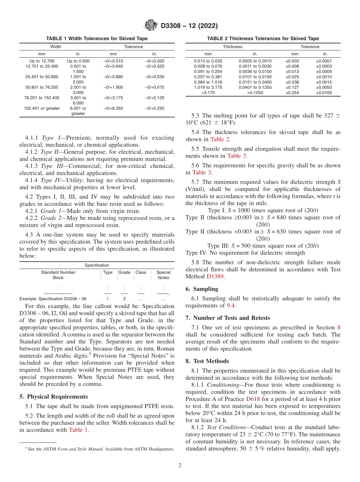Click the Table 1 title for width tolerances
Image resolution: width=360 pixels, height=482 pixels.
coord(97,39)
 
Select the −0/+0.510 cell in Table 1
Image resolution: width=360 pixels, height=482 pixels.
coord(113,61)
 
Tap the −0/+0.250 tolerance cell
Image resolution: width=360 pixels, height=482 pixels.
coord(155,108)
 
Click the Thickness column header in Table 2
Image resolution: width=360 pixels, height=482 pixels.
coord(232,47)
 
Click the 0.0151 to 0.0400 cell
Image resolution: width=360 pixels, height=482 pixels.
coord(255,82)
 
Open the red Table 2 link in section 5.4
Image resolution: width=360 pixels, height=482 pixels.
coord(219,139)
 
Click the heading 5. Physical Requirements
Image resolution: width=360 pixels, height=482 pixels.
coord(53,397)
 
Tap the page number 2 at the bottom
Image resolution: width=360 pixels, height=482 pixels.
coord(180,466)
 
